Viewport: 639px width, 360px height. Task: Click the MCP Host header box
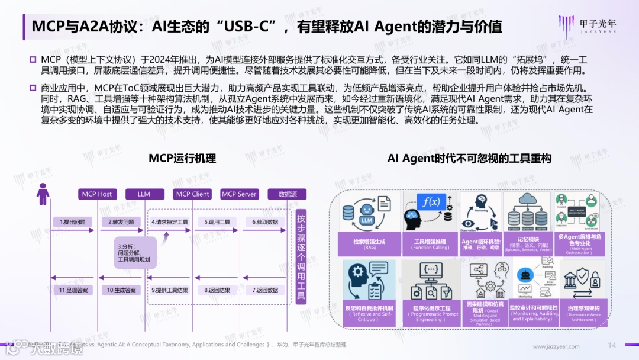tap(97, 194)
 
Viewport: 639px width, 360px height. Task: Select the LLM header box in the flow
tap(144, 194)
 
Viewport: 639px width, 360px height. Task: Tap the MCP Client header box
tap(193, 194)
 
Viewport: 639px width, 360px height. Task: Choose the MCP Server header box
tap(239, 194)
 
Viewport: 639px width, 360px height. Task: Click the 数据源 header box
tap(288, 194)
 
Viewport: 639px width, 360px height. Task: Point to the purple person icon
tap(43, 194)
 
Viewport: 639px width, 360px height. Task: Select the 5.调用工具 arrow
tap(218, 223)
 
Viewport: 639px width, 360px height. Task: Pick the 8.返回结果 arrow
tap(218, 290)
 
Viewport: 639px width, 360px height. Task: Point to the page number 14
tap(612, 345)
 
